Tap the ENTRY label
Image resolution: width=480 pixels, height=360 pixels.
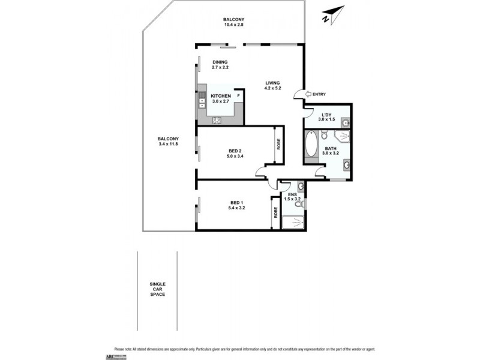pos(319,94)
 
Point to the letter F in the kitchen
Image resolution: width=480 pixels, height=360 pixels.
pos(238,96)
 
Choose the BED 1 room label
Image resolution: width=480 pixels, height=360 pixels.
pos(237,202)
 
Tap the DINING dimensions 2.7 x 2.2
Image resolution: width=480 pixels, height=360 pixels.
pos(220,67)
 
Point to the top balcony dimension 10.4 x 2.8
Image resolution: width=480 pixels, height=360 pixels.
pos(233,26)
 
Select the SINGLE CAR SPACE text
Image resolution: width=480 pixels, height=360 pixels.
pos(158,289)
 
